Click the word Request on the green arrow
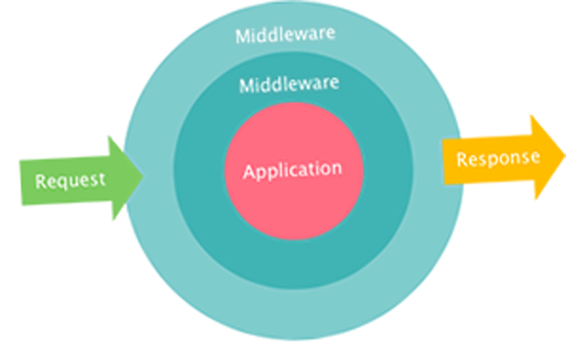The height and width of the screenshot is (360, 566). point(70,180)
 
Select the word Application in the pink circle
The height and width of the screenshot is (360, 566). point(292,169)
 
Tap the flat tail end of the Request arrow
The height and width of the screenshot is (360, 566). point(20,182)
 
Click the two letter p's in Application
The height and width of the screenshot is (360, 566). point(268,171)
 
